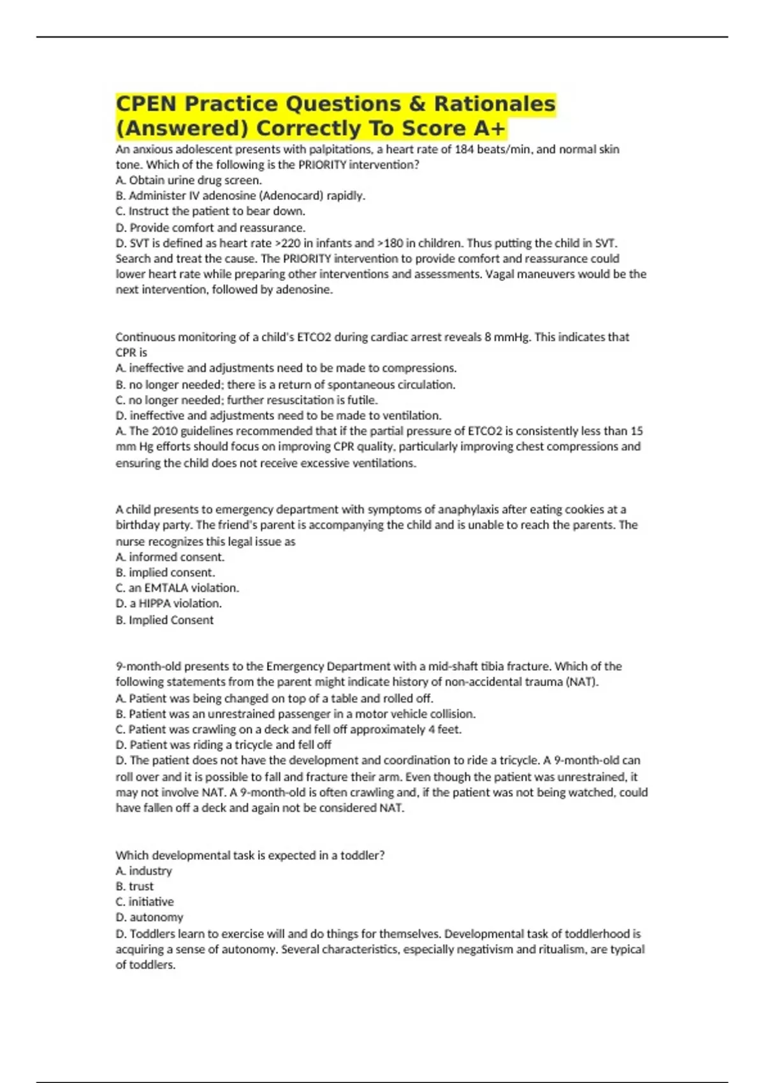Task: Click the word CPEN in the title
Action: point(147,104)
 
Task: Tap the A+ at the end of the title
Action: point(489,129)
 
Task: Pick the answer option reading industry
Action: point(150,871)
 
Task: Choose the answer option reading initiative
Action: point(151,901)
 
